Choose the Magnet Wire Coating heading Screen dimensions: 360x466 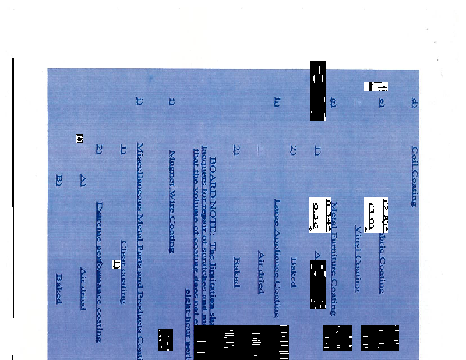[x=172, y=201]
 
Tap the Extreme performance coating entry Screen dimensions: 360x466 [x=99, y=271]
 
